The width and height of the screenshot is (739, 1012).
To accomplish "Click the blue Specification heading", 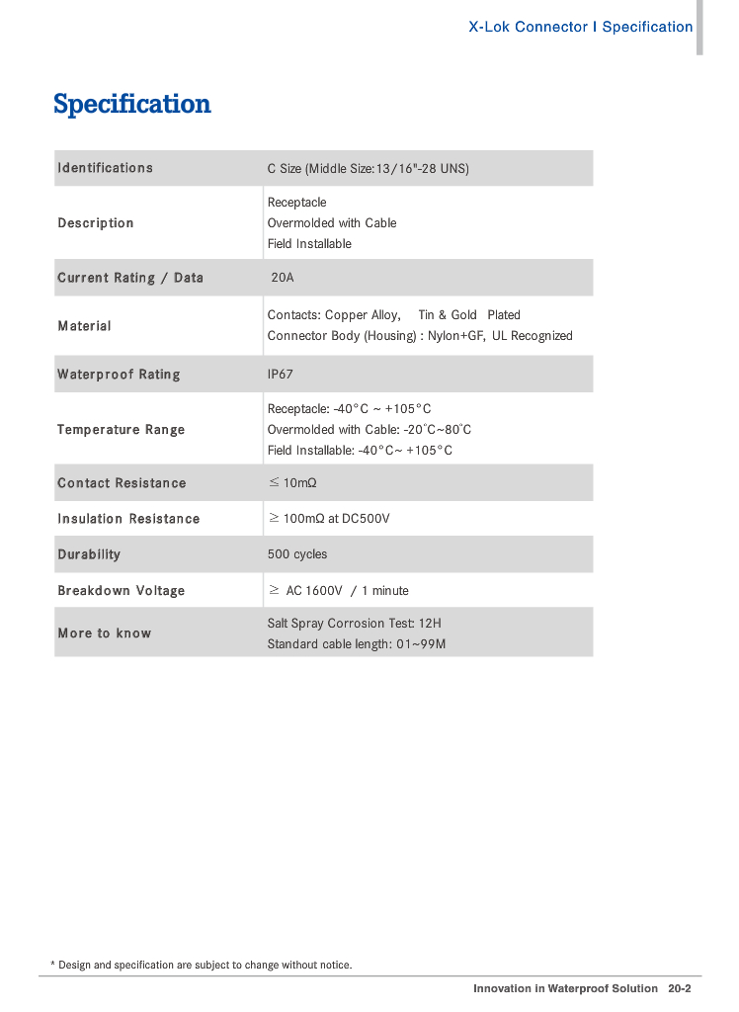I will (x=132, y=104).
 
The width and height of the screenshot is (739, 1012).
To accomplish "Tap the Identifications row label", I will (x=106, y=168).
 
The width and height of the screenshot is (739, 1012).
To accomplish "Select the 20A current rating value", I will (x=283, y=278).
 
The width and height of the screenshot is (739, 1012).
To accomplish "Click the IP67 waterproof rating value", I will (x=281, y=375).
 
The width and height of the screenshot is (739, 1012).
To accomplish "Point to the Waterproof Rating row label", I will (x=119, y=375).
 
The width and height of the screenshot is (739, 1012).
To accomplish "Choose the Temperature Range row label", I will (x=122, y=430).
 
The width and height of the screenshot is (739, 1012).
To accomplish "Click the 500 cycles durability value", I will (x=297, y=554).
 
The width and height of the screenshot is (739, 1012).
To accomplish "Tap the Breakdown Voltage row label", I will (x=122, y=591).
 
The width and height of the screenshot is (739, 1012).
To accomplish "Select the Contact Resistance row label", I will (x=122, y=483).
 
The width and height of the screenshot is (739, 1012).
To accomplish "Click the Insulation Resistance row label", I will (x=128, y=519).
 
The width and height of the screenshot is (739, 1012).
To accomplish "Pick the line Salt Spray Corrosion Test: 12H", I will (x=355, y=624).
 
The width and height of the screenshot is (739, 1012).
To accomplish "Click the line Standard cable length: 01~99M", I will (x=357, y=644).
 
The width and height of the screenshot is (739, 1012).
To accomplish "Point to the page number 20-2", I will (x=679, y=988).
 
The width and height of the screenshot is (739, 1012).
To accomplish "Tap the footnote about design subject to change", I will (x=202, y=965).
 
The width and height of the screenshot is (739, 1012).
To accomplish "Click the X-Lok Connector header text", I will (x=529, y=27).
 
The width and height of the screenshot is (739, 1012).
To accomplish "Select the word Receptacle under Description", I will (x=296, y=203).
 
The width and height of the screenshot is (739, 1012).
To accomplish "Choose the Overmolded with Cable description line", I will (x=332, y=223).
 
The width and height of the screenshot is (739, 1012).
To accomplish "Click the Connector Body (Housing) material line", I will (x=420, y=336).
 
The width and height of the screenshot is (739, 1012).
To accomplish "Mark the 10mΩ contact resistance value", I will (x=299, y=483).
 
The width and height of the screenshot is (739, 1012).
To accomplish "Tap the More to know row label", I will (x=105, y=633).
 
